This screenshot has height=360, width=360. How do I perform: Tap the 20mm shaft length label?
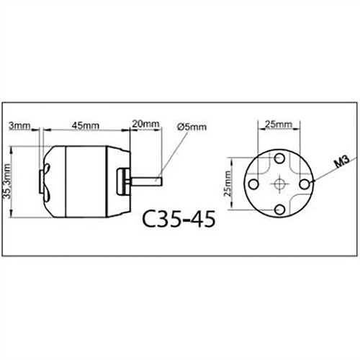click(146, 125)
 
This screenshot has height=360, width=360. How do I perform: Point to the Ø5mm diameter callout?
click(192, 127)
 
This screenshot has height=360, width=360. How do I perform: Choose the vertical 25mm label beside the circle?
click(228, 185)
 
